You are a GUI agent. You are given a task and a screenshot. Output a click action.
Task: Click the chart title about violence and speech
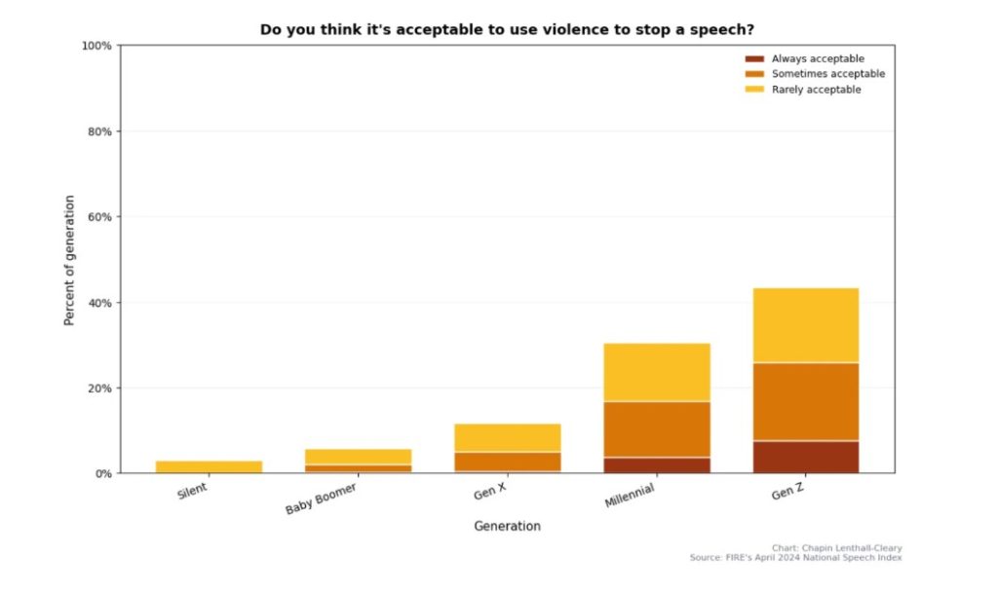click(507, 30)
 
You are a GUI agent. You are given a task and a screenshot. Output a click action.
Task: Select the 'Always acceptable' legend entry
click(817, 58)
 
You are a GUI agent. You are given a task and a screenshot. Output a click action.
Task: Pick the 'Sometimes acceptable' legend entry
click(827, 74)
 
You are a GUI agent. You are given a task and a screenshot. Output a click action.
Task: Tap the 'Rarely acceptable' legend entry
click(816, 90)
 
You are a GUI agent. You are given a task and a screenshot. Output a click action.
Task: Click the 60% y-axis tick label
click(99, 217)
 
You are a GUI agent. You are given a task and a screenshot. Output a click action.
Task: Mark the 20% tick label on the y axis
click(99, 389)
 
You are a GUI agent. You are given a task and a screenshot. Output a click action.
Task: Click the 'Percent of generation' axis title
click(69, 260)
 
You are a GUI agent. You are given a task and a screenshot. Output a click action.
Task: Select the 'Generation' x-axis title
click(507, 526)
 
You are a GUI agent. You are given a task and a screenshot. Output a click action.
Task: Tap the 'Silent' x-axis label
click(192, 492)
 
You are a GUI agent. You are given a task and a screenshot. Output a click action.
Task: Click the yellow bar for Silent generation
click(209, 467)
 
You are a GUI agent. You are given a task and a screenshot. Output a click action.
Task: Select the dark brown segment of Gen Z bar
click(805, 457)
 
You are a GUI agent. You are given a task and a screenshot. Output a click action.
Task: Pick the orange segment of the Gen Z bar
click(805, 401)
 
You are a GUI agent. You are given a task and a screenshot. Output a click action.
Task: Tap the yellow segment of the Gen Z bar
click(805, 325)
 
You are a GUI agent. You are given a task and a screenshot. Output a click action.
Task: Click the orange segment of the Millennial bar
click(657, 429)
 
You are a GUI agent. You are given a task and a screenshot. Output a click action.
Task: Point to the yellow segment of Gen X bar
click(508, 437)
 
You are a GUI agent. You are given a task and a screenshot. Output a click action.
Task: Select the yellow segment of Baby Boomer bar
click(358, 457)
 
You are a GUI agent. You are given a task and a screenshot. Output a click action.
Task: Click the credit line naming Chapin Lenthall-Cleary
click(836, 548)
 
